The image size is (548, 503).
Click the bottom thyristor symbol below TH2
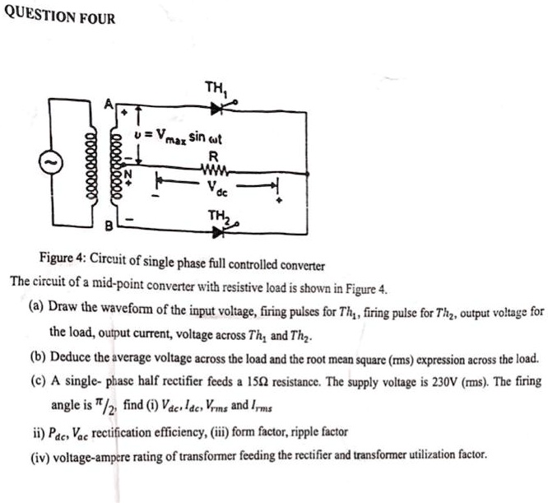click(x=219, y=231)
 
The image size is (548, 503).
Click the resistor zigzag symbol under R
click(x=215, y=171)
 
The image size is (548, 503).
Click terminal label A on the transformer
click(x=107, y=102)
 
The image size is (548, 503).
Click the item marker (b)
click(x=35, y=360)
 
